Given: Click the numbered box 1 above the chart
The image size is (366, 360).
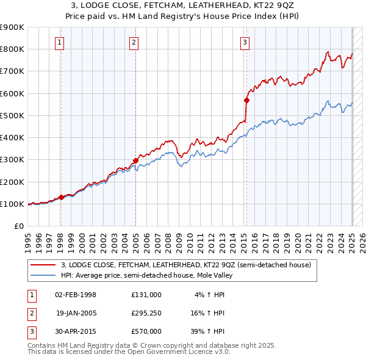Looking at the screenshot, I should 60,42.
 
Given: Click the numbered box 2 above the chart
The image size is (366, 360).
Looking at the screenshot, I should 134,42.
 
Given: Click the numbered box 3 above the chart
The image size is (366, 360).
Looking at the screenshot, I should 245,42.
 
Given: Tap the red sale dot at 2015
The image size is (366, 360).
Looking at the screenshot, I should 246,100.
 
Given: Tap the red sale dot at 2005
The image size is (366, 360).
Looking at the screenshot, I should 135,160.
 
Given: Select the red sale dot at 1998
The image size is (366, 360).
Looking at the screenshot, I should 61,197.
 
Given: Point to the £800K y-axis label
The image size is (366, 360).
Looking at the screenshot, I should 12,49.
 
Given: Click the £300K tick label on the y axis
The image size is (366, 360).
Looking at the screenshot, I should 12,159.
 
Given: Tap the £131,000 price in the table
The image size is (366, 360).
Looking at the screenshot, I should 146,294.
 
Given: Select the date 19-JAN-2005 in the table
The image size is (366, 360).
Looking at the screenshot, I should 76,312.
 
